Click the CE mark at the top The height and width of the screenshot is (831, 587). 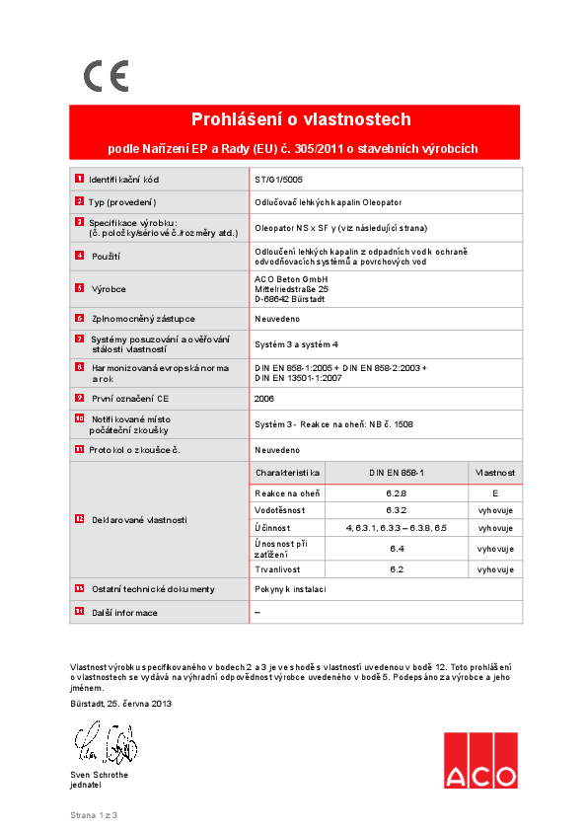click(106, 76)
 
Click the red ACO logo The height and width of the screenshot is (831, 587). click(479, 761)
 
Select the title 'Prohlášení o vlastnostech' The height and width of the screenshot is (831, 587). click(301, 120)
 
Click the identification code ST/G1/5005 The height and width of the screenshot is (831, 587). click(278, 180)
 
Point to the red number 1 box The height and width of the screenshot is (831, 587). click(79, 179)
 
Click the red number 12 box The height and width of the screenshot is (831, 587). click(79, 519)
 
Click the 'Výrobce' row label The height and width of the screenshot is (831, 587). click(109, 289)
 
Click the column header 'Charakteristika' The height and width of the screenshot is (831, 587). click(287, 474)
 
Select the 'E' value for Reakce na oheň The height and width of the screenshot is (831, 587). click(494, 492)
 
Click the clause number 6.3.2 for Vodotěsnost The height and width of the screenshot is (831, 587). click(397, 510)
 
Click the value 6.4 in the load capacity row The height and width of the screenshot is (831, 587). click(397, 548)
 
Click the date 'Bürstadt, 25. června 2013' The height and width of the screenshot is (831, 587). click(121, 703)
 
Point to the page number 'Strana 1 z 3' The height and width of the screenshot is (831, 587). click(93, 815)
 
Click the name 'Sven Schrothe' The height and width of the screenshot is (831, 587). click(100, 775)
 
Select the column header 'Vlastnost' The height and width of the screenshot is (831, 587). click(495, 474)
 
